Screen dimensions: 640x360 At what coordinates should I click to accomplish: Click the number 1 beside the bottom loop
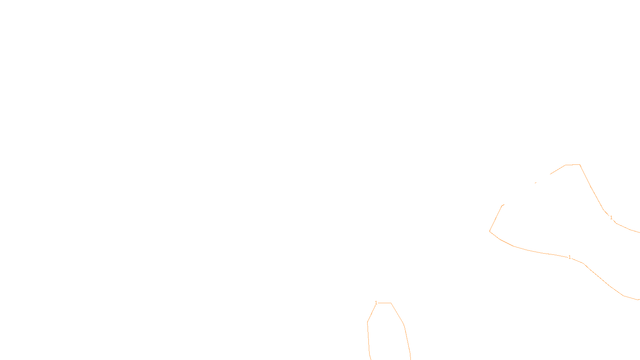coord(376,302)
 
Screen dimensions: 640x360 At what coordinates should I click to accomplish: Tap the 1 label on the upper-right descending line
coord(611,218)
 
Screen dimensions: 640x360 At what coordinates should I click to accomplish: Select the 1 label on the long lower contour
coord(570,257)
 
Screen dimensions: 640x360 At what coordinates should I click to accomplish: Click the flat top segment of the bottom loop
coord(384,303)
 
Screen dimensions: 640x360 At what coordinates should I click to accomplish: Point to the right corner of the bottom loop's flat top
coord(391,303)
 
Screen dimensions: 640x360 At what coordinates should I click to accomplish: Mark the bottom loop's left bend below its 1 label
coord(368,322)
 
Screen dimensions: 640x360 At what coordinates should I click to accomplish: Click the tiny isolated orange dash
coord(536,183)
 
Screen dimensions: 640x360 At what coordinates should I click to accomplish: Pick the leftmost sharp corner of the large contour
coord(490,232)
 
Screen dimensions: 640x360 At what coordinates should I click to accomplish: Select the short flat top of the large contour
coord(572,165)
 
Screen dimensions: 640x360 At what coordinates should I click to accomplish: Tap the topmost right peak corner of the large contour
coord(580,164)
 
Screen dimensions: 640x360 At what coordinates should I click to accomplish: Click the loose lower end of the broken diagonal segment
coord(550,174)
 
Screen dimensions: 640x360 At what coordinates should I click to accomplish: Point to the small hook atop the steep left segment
coord(503,205)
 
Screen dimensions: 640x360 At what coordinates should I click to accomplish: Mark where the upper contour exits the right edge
coord(640,232)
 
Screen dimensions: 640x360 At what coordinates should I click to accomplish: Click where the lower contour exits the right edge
coord(640,300)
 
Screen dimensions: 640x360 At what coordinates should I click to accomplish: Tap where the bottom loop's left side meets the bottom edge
coord(371,360)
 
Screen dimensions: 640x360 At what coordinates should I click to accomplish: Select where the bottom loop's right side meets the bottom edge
coord(410,360)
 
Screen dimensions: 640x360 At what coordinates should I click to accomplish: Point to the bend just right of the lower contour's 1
coord(583,263)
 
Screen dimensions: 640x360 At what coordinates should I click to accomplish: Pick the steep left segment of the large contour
coord(496,218)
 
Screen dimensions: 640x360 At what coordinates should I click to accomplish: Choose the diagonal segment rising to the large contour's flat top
coord(558,170)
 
